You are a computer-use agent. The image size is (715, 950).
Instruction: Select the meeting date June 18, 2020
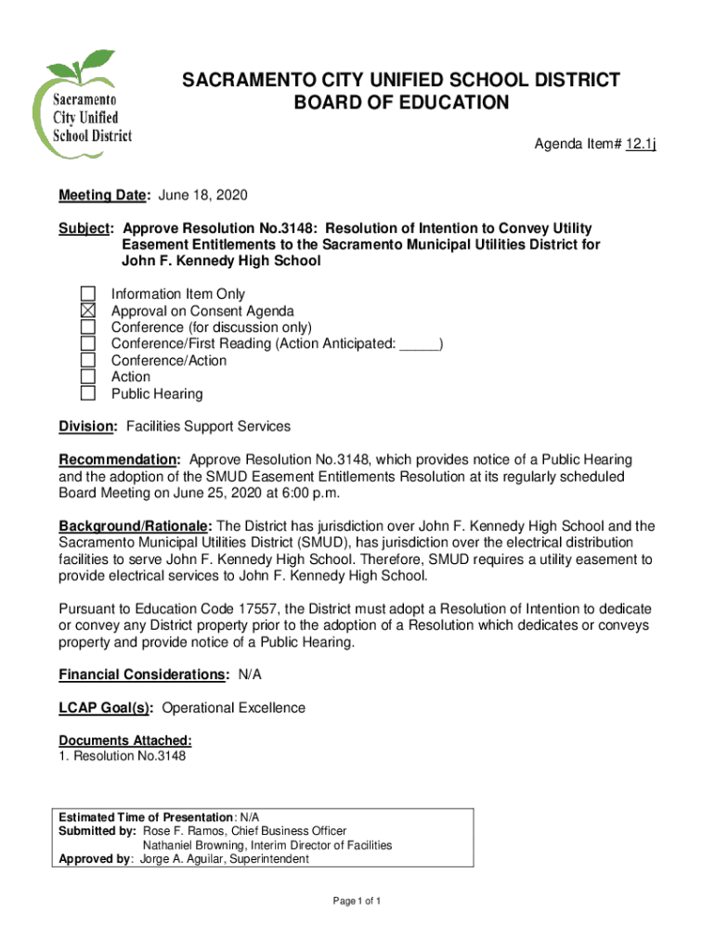point(203,196)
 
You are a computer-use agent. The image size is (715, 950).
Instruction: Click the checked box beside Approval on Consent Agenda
point(88,311)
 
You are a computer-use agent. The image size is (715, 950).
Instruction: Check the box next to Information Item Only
point(88,294)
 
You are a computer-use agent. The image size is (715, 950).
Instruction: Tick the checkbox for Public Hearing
point(88,393)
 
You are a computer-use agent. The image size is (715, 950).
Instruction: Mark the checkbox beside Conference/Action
point(88,360)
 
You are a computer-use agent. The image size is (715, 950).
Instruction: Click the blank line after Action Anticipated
point(420,344)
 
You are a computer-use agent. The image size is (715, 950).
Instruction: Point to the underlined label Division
point(88,426)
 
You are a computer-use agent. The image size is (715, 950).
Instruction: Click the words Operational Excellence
point(233,708)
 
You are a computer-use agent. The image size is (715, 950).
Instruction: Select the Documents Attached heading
point(125,740)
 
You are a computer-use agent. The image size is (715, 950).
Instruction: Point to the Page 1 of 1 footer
point(357,902)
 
